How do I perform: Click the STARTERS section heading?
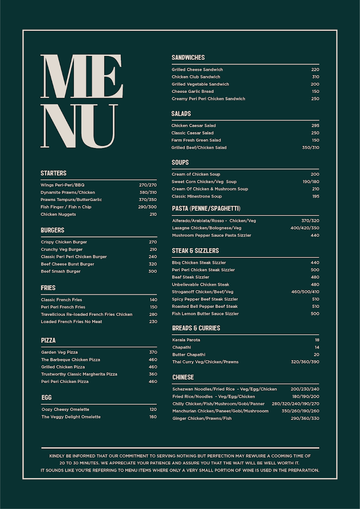(x=53, y=173)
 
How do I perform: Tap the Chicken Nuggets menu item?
(x=58, y=214)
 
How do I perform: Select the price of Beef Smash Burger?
(x=153, y=271)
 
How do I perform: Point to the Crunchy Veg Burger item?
(x=61, y=249)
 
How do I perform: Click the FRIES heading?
(x=48, y=288)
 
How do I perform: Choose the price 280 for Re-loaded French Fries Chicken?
(x=153, y=314)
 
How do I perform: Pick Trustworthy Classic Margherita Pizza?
(x=79, y=374)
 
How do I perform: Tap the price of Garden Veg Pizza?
(x=153, y=352)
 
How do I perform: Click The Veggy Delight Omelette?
(x=71, y=417)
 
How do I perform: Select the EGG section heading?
(x=47, y=397)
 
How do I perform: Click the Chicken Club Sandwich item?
(x=196, y=77)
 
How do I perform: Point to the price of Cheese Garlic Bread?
(x=315, y=92)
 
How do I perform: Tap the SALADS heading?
(x=181, y=114)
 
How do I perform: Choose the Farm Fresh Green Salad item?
(x=196, y=140)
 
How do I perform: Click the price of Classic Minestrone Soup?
(x=315, y=196)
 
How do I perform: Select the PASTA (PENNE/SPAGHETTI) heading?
(x=206, y=208)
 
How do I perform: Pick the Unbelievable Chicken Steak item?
(x=200, y=285)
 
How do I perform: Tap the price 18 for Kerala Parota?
(x=317, y=340)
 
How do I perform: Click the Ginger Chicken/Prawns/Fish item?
(x=202, y=419)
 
